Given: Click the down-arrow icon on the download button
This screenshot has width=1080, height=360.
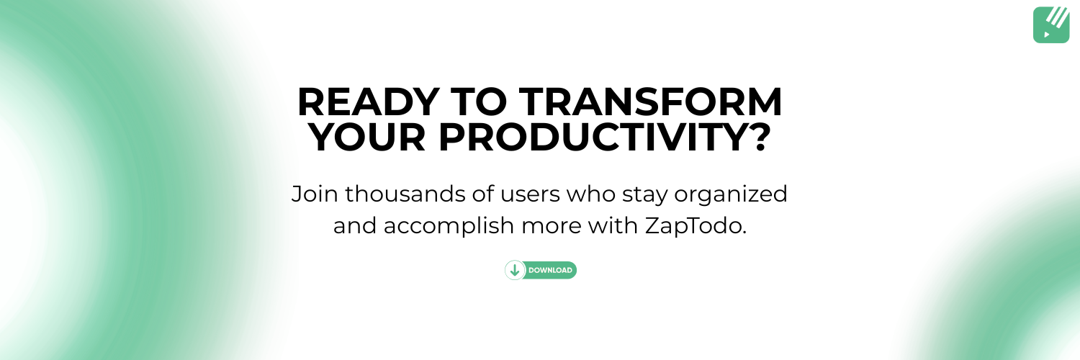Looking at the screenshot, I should pos(515,271).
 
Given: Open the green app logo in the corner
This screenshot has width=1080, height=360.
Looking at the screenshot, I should pos(1051,25).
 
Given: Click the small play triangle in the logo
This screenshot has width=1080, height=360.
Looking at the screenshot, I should pos(1047,34).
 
